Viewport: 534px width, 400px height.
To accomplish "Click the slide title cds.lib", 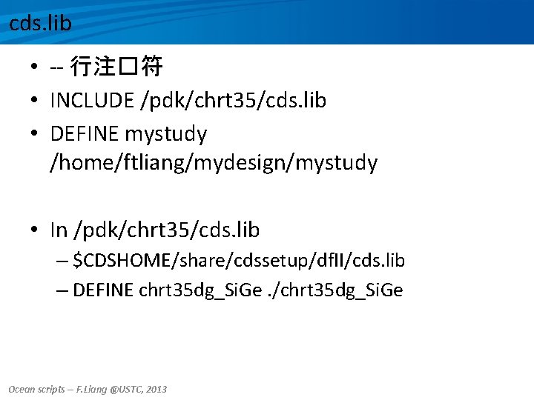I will click(x=40, y=23).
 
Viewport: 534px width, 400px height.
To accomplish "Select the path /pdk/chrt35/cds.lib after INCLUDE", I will click(x=233, y=100).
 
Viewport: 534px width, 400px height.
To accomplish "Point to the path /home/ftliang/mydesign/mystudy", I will click(x=214, y=163).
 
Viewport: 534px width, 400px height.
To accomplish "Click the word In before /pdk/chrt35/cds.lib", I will click(x=59, y=230).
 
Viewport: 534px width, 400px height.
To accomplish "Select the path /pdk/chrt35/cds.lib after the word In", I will click(x=166, y=230).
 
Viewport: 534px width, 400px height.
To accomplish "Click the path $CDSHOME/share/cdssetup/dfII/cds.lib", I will click(x=240, y=261).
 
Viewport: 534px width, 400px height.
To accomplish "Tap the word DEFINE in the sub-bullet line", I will click(x=103, y=290).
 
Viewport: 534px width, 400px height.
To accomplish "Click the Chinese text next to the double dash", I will click(x=116, y=68).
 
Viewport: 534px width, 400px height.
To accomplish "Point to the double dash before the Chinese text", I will click(x=56, y=69).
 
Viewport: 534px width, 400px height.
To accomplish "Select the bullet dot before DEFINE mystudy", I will click(x=36, y=135).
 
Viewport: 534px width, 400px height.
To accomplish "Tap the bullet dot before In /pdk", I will click(x=36, y=231).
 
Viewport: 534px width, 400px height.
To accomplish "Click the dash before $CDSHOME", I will click(x=62, y=261).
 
